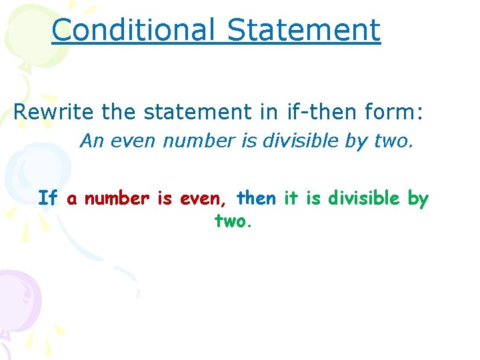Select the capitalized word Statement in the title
303,31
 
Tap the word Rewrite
53,112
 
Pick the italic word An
91,141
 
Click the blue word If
47,198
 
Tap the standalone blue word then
256,198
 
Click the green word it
291,198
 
